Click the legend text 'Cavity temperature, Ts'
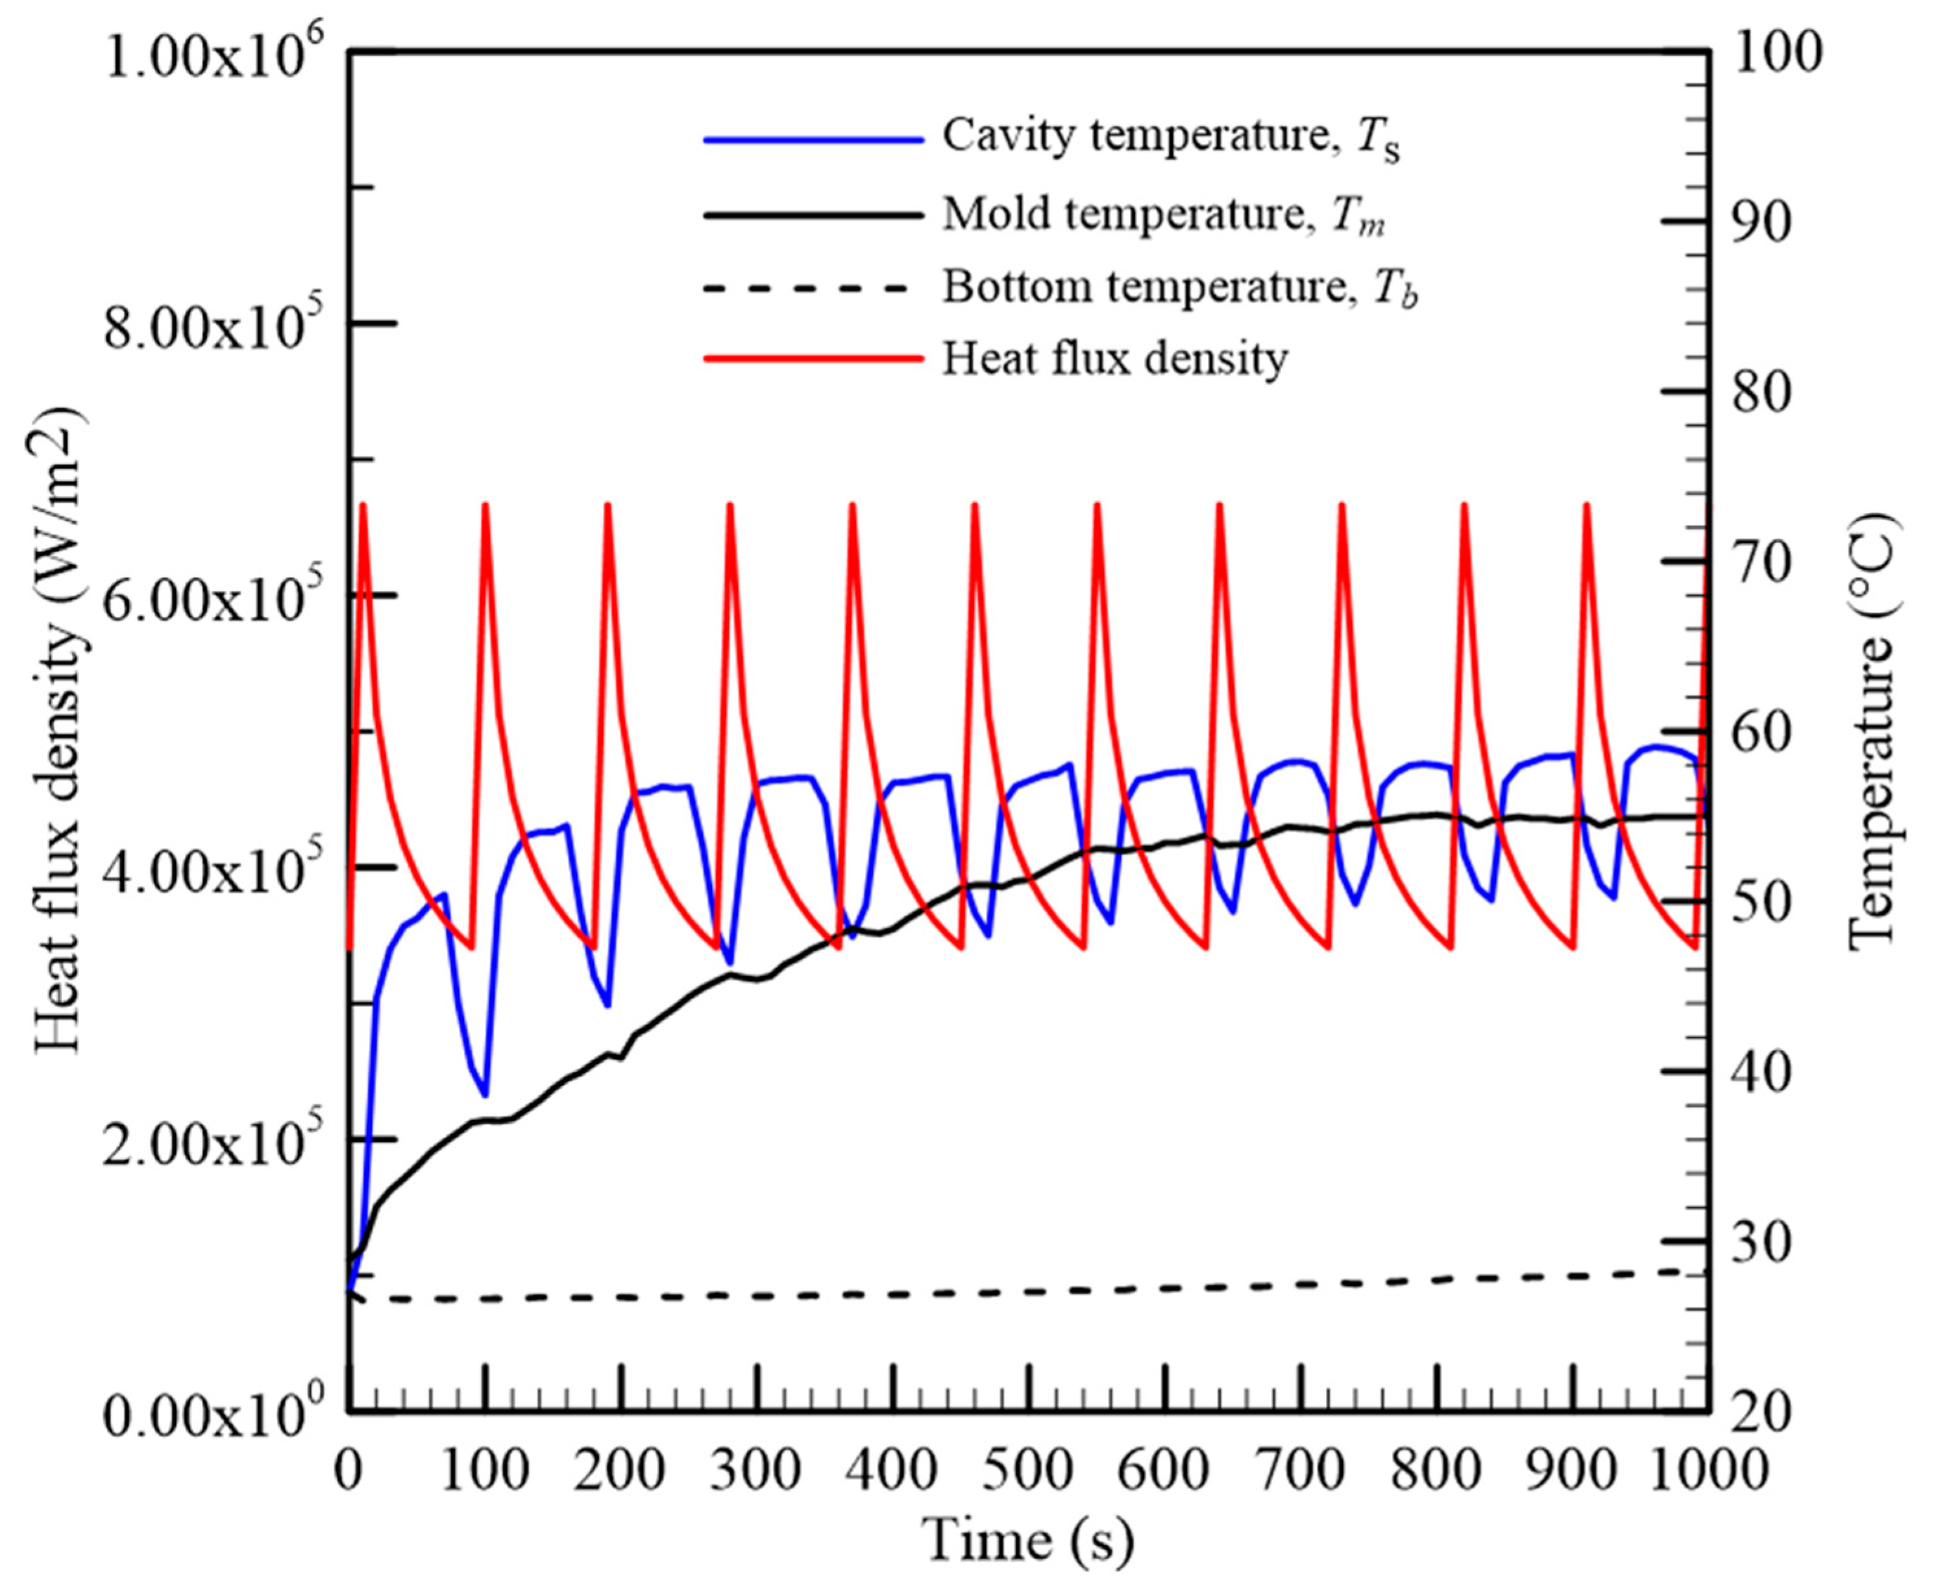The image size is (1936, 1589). coord(1171,138)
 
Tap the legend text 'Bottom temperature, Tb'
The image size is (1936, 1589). coord(1180,288)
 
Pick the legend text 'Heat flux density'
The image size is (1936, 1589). coord(1115,359)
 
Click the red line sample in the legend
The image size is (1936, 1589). coord(813,359)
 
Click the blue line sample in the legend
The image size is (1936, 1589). coord(813,139)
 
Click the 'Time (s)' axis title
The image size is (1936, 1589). coord(1027,1540)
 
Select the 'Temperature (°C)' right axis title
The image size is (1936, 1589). coord(1872,733)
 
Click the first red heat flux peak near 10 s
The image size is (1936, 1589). coord(363,506)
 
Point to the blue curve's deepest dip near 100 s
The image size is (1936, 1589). coord(485,1094)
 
